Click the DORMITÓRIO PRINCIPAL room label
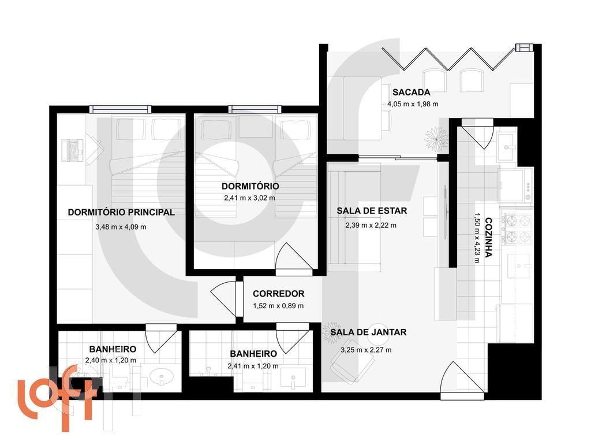tap(121, 212)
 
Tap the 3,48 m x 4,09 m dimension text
tap(121, 227)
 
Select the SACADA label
tap(411, 92)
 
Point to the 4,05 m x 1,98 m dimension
tap(413, 105)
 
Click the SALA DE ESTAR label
tap(372, 211)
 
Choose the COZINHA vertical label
tap(488, 237)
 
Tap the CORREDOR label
tap(278, 294)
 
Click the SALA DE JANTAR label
tap(372, 332)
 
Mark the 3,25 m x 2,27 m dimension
tap(366, 350)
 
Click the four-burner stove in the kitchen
tap(517, 228)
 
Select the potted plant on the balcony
tap(436, 139)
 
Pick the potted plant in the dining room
tap(333, 332)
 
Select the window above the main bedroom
tap(120, 109)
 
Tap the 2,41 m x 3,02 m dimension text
tap(250, 198)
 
